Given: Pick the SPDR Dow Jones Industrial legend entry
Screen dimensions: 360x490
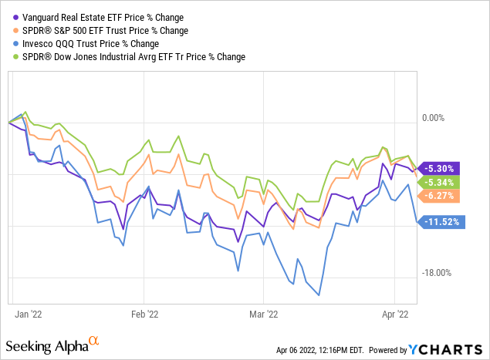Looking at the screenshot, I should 128,56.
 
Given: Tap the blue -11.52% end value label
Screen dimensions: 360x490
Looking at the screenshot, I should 441,222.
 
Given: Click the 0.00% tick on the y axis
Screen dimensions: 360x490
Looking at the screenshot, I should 438,117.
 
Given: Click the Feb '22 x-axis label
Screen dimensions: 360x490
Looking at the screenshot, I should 144,315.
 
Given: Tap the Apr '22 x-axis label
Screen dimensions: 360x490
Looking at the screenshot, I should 394,315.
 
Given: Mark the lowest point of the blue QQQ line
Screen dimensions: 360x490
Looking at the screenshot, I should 319,295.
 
